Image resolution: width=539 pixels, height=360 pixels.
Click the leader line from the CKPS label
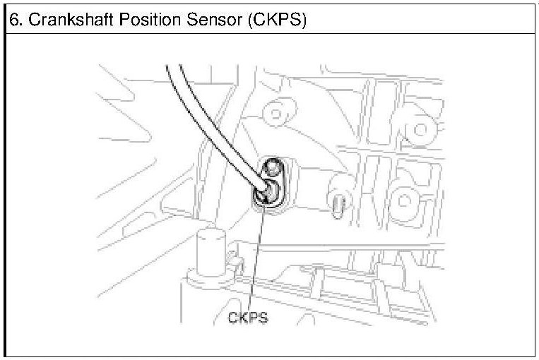[x=255, y=261]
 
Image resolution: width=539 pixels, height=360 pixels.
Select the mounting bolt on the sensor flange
[x=273, y=169]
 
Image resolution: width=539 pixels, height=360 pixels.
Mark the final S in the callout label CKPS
[x=263, y=318]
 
